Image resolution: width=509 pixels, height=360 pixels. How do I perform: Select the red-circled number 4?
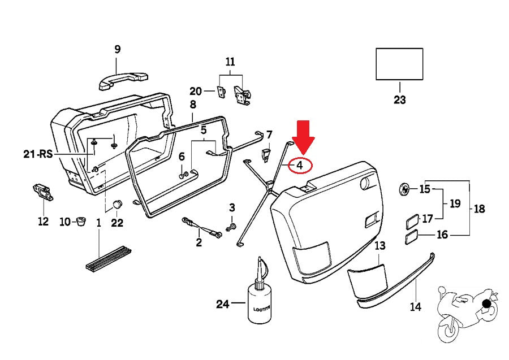300,166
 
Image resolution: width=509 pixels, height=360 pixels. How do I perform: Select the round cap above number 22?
118,205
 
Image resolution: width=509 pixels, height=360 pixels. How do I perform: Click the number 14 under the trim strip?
416,307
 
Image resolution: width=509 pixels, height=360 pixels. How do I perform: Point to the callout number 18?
479,209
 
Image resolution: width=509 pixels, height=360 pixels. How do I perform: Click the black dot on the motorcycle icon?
486,304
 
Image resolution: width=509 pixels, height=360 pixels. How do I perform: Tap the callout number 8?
193,105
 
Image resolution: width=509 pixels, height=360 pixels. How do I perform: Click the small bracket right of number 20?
220,92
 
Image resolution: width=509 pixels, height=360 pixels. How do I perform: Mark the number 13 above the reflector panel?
379,245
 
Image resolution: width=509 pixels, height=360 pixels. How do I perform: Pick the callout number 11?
230,62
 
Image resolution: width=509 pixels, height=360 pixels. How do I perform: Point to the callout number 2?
199,243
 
